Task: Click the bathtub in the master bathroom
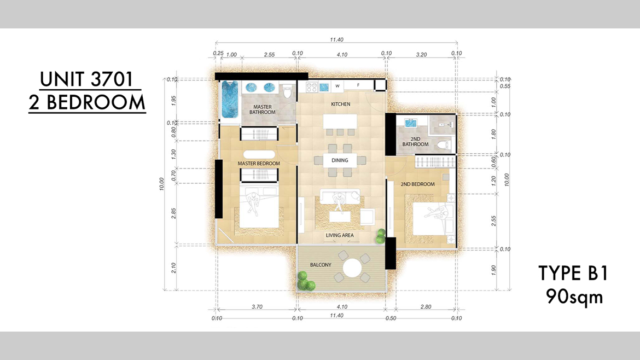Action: (x=230, y=99)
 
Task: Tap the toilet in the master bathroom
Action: (x=287, y=91)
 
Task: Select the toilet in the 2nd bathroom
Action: (x=443, y=144)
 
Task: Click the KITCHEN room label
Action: (x=340, y=104)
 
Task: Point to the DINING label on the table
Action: (x=340, y=160)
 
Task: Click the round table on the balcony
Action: (x=352, y=268)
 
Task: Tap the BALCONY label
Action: (x=321, y=265)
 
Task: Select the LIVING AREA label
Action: (x=340, y=235)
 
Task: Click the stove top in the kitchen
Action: (x=312, y=87)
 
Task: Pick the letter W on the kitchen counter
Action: (x=338, y=86)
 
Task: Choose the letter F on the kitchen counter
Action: (x=358, y=85)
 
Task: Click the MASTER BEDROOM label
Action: (x=259, y=163)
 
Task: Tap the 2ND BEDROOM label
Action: (x=417, y=184)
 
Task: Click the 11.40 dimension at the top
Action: (x=337, y=39)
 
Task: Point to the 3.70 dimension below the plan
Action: (x=257, y=306)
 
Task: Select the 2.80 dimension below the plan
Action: (x=426, y=306)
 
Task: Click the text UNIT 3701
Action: (x=86, y=79)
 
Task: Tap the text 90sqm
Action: (x=575, y=297)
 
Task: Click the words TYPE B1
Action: (x=573, y=273)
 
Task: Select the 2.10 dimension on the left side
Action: (x=173, y=268)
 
